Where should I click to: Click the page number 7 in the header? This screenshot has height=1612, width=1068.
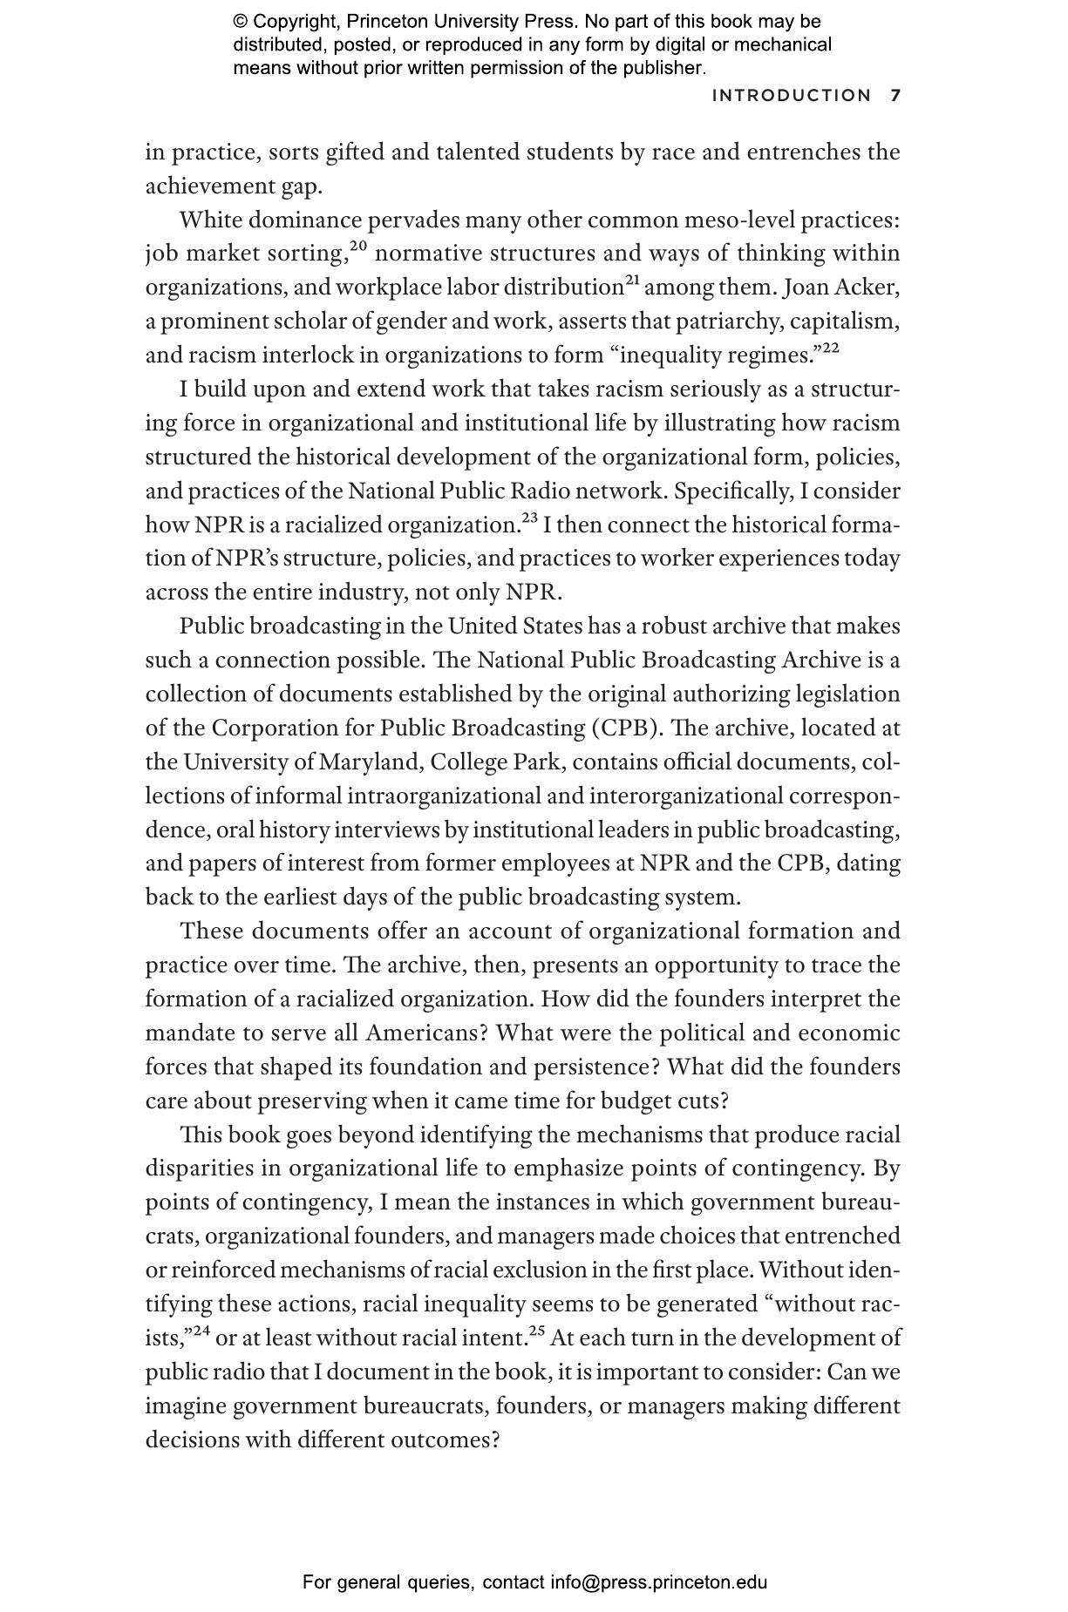point(895,96)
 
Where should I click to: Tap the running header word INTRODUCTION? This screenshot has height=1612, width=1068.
point(791,96)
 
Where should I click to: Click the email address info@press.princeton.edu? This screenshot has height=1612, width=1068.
point(658,1582)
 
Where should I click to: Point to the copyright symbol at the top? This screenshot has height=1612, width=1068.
point(240,22)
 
